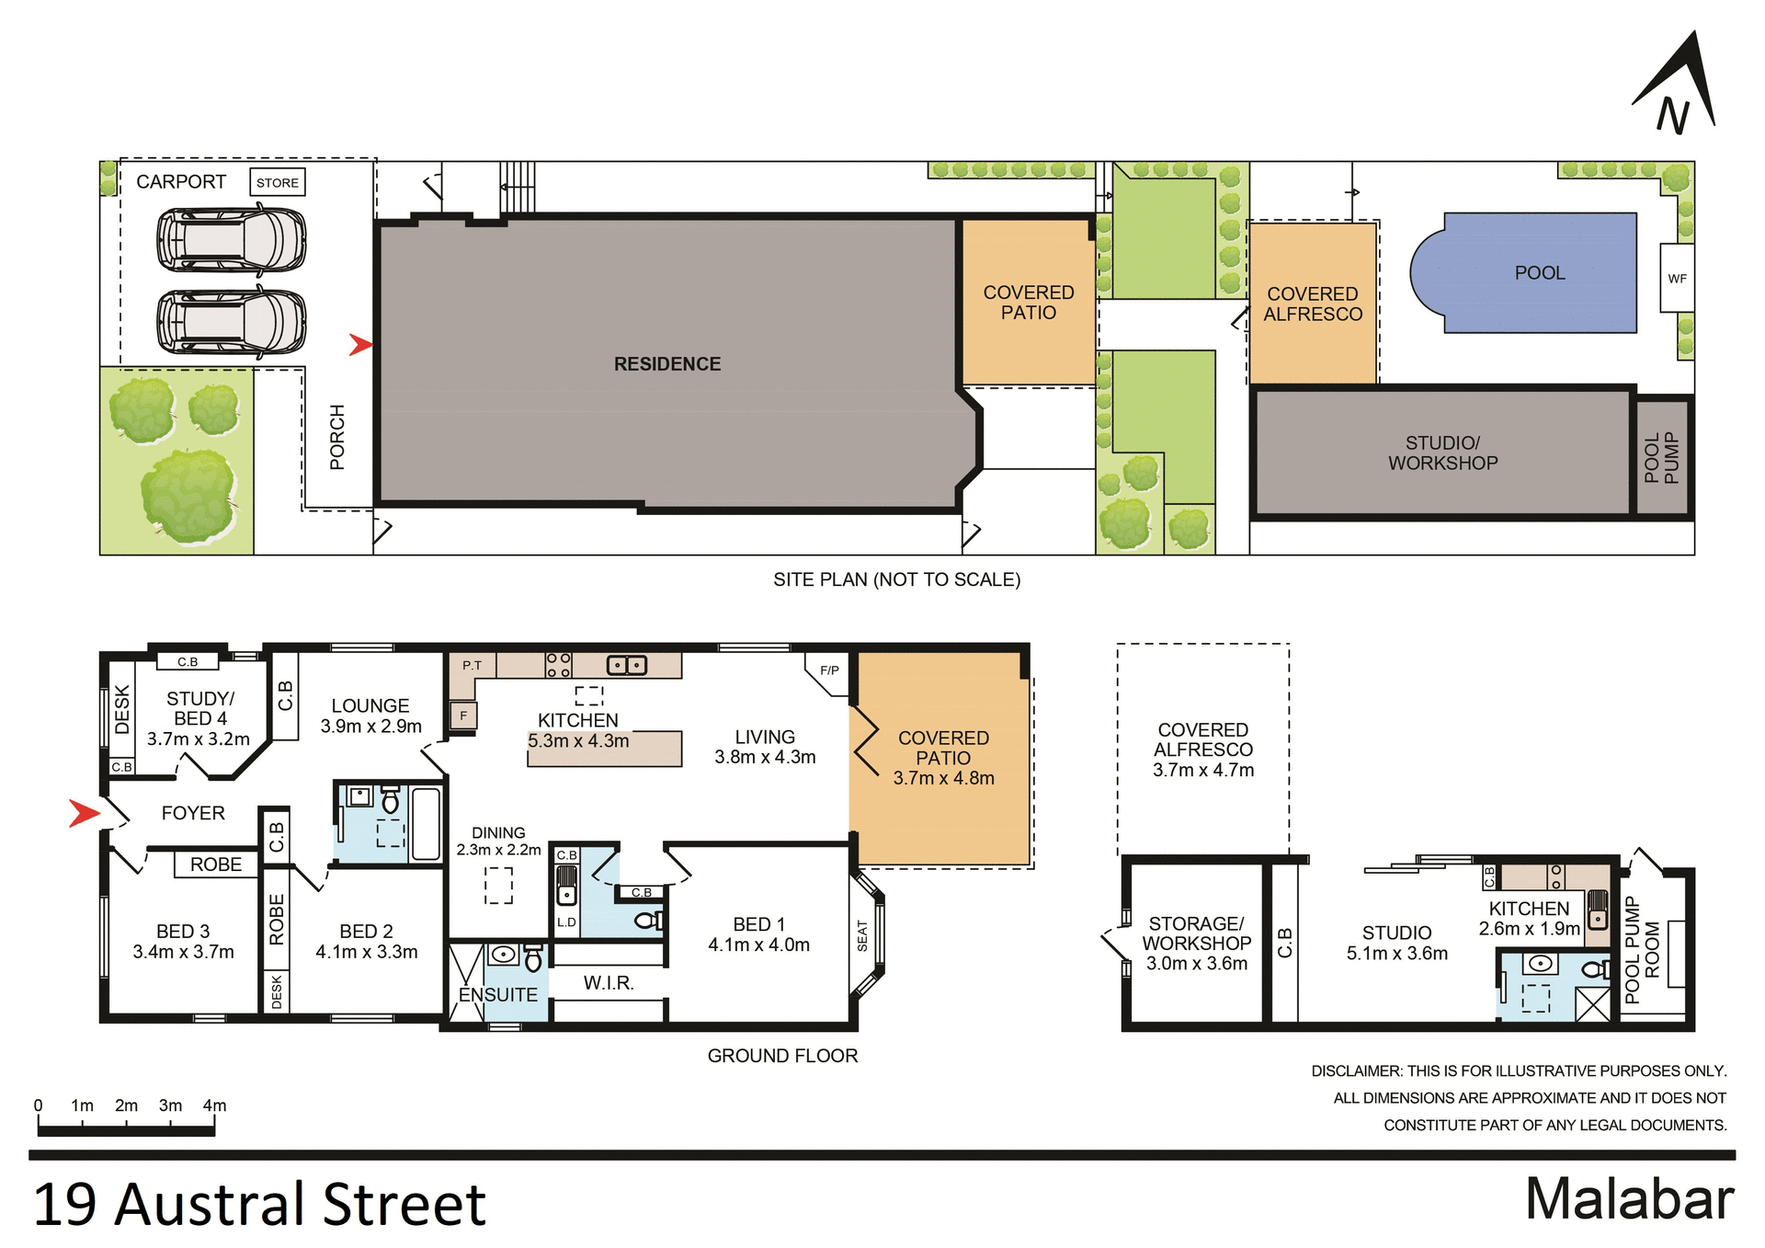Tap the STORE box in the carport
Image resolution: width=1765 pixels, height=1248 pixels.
tap(277, 182)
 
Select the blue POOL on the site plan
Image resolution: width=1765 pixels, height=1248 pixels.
tap(1539, 273)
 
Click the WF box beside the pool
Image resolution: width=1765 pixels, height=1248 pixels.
tap(1677, 279)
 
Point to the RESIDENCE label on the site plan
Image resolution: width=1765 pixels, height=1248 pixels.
tap(667, 364)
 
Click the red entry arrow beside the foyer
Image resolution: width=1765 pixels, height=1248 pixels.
tap(84, 813)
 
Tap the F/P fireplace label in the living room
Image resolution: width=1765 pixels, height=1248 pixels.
tap(829, 670)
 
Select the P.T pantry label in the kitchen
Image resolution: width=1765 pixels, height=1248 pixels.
tap(472, 665)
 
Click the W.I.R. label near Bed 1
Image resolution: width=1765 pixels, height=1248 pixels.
tap(609, 983)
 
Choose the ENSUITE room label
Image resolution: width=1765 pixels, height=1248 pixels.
tap(497, 995)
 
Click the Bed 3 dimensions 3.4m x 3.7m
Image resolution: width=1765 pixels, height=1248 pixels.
tap(183, 952)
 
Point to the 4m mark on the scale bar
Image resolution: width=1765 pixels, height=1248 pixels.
tap(214, 1105)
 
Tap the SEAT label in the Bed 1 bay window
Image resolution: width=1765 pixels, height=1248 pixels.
tap(862, 935)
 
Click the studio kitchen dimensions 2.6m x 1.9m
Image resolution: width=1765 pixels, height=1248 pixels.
tap(1529, 929)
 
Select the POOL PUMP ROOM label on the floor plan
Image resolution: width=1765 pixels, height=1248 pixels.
tap(1642, 950)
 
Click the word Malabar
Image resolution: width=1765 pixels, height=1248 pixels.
tap(1629, 1199)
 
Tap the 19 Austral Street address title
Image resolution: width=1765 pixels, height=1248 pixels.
tap(259, 1205)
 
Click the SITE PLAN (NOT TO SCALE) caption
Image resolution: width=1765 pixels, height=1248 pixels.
tap(896, 579)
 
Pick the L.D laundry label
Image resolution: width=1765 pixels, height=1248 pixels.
tap(566, 922)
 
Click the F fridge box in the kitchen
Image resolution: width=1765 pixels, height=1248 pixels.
tap(463, 715)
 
